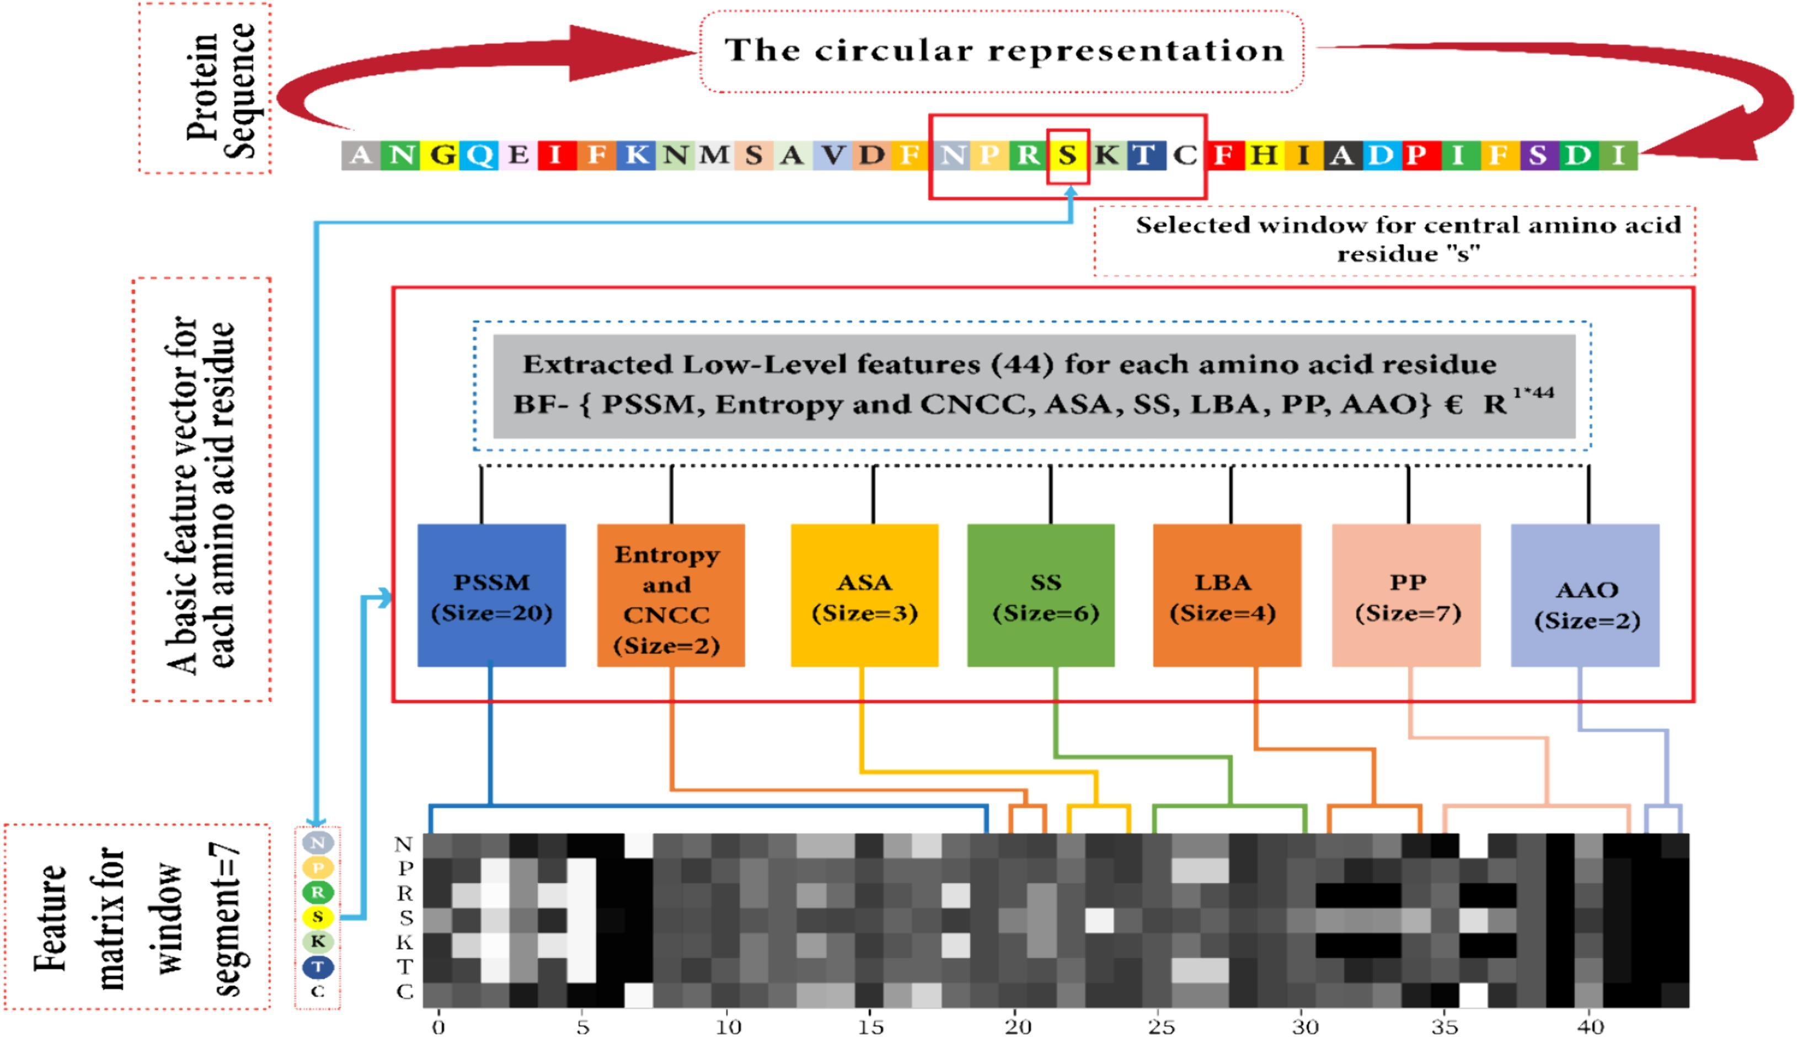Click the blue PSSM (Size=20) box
tap(491, 595)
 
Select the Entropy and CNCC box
tap(671, 595)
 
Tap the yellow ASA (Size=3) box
tap(864, 595)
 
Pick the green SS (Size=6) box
tap(1041, 595)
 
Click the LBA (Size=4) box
tap(1227, 595)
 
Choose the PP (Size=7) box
tap(1406, 595)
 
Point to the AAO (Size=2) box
tap(1585, 595)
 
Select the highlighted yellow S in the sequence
tap(1067, 155)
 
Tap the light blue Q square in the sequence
tap(480, 155)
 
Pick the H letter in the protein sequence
tap(1264, 155)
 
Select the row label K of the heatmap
tap(404, 942)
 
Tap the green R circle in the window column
tap(318, 892)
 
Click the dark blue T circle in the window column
tap(318, 966)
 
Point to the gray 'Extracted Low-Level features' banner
tap(1034, 386)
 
